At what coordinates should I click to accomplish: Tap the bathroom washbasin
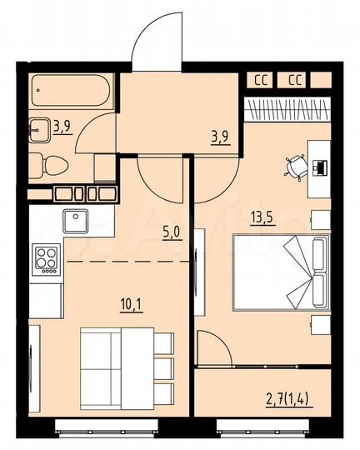(x=40, y=129)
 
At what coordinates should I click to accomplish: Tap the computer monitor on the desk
(x=320, y=167)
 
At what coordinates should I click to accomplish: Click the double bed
(x=275, y=272)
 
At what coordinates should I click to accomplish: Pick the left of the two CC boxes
(x=260, y=81)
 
